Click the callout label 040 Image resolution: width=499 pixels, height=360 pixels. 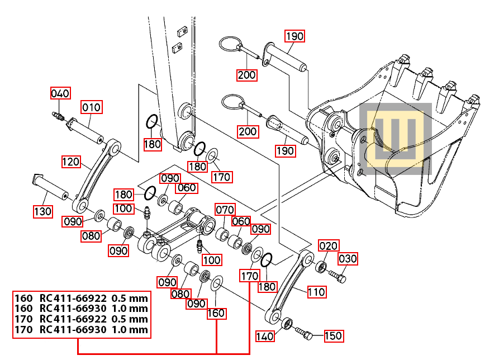point(61,93)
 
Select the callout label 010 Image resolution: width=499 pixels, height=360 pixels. point(92,107)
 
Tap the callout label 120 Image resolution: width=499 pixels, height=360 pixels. point(71,162)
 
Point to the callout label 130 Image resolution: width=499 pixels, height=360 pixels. point(42,211)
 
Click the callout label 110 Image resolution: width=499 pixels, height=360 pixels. point(316,292)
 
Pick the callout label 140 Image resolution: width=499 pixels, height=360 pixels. point(265,336)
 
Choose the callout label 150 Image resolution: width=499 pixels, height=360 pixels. point(333,336)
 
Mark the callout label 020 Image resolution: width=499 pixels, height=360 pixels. point(329,246)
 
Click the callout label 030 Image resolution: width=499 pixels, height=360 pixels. point(347,259)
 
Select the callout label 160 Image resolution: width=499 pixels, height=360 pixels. point(216,313)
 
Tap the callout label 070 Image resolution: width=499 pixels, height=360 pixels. point(225,210)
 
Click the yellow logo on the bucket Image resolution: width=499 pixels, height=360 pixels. point(395,138)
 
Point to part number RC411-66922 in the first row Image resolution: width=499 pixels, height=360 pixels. point(73,297)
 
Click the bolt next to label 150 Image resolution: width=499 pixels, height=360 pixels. point(304,334)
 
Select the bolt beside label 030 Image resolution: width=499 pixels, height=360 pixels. point(337,276)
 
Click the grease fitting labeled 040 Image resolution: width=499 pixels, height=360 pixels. point(56,116)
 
